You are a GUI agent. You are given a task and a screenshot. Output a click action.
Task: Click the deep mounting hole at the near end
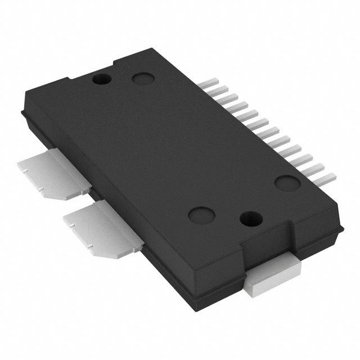(x=247, y=218)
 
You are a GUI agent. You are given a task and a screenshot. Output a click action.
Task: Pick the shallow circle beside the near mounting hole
(x=200, y=213)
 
